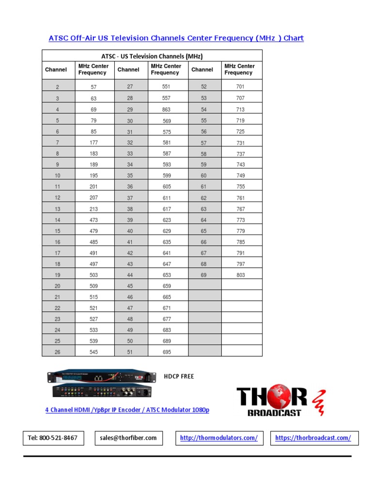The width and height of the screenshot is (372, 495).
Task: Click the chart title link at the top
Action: tap(176, 38)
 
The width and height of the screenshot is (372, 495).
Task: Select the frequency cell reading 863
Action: tap(167, 110)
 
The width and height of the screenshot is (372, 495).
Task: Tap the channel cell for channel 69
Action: tap(203, 275)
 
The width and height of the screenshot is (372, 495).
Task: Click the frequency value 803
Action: tap(240, 275)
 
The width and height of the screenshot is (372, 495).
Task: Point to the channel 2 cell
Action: tap(58, 87)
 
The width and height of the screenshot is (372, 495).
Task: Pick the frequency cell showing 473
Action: tap(93, 220)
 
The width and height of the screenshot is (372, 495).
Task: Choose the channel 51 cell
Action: tap(130, 352)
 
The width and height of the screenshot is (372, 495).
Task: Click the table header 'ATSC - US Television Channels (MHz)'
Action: tap(152, 56)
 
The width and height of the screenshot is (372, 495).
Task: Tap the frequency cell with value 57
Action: tap(93, 87)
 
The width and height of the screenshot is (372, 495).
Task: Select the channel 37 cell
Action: tap(130, 198)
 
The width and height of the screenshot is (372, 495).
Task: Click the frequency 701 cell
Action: tap(240, 87)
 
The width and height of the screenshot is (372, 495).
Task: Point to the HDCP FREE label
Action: tap(179, 376)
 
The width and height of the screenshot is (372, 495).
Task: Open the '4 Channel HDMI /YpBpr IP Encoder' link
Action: tap(127, 410)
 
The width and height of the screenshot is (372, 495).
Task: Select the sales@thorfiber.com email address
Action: tap(128, 438)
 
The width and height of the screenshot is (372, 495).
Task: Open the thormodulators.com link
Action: tap(218, 438)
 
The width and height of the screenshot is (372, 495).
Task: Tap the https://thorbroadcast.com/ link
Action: tap(313, 438)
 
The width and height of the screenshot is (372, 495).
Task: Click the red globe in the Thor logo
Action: tap(280, 397)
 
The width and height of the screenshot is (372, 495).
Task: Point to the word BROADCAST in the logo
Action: tap(274, 413)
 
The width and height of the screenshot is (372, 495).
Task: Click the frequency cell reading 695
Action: tap(167, 352)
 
